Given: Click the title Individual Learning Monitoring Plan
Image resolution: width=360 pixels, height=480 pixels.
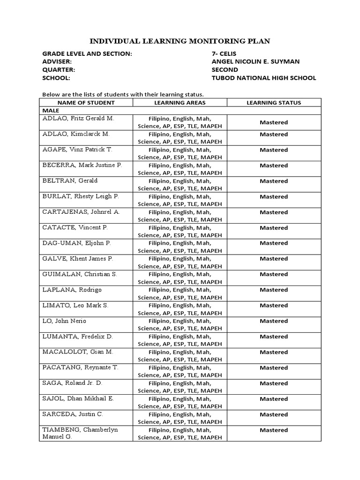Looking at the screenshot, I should pyautogui.click(x=180, y=41).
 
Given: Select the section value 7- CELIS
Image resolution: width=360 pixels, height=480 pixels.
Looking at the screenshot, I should pyautogui.click(x=225, y=54).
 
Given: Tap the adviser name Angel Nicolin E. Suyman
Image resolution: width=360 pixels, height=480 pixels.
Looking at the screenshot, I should pyautogui.click(x=255, y=62).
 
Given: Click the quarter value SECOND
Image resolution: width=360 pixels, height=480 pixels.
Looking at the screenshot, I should pyautogui.click(x=225, y=70).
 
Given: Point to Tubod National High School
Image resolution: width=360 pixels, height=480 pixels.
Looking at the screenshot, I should pyautogui.click(x=264, y=78).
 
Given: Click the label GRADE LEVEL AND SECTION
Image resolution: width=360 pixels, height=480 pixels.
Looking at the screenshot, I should pyautogui.click(x=87, y=54).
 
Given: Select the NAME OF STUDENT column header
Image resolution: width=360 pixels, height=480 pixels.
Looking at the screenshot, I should pyautogui.click(x=86, y=103).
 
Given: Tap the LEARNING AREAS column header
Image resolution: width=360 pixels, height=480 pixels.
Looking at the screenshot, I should pyautogui.click(x=180, y=103).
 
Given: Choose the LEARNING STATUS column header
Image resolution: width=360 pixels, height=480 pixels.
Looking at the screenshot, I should pyautogui.click(x=274, y=103).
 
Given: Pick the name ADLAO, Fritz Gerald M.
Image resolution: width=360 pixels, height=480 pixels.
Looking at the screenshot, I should pyautogui.click(x=78, y=119).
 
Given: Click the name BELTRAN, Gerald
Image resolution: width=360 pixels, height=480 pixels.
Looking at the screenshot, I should pyautogui.click(x=70, y=181).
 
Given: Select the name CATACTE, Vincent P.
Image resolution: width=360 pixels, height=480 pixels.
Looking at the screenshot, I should pyautogui.click(x=75, y=227).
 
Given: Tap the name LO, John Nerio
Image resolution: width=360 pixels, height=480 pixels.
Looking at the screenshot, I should pyautogui.click(x=65, y=321).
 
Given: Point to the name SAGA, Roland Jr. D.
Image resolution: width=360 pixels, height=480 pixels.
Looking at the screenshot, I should pyautogui.click(x=72, y=383).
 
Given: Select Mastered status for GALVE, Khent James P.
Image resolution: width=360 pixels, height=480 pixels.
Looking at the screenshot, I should pyautogui.click(x=274, y=259).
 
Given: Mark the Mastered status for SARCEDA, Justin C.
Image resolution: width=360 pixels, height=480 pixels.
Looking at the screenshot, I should pyautogui.click(x=274, y=414).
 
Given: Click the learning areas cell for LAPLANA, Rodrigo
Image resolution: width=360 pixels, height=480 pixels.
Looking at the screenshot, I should pyautogui.click(x=180, y=293).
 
